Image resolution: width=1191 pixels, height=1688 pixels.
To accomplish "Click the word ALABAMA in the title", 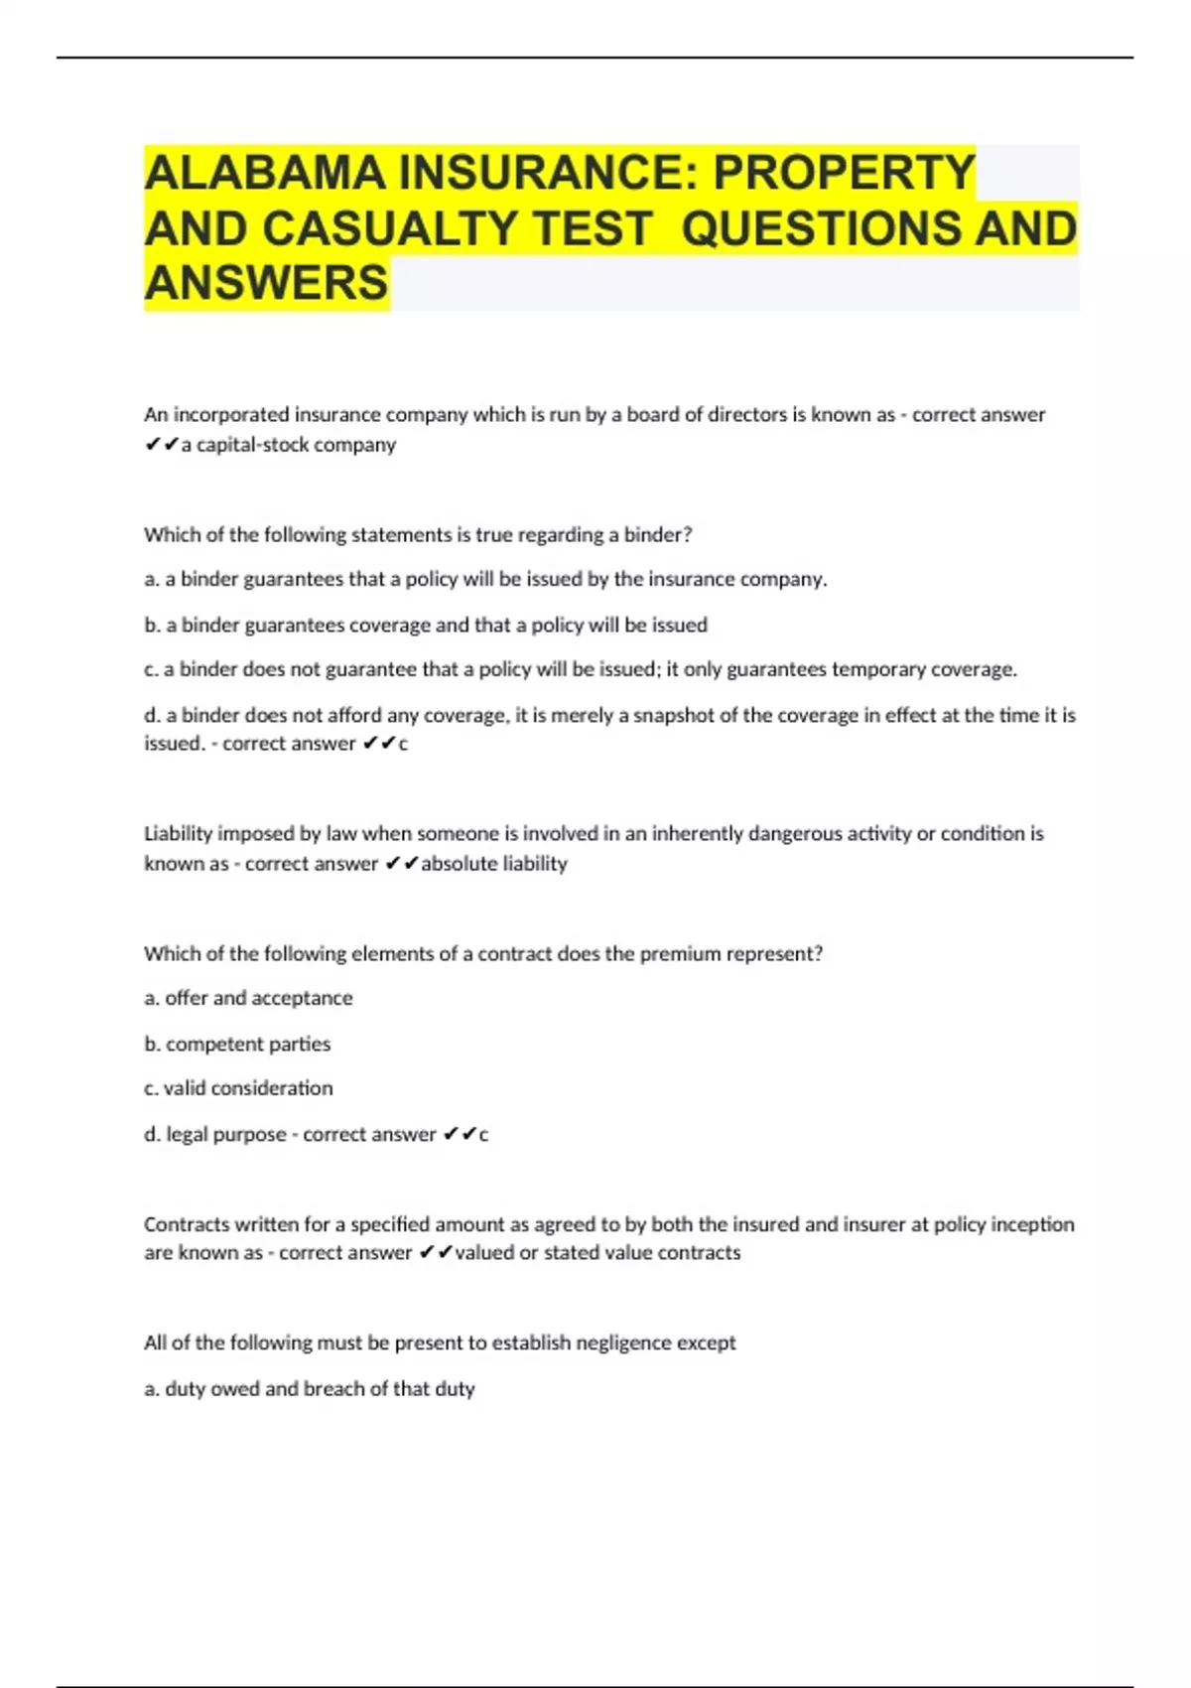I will (265, 173).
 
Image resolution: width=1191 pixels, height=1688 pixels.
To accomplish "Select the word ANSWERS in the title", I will (266, 283).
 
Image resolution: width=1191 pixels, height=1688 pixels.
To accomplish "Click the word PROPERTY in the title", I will (845, 173).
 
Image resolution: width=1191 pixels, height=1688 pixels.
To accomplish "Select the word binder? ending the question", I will (657, 534).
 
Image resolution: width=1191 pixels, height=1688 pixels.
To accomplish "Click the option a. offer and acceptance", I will (248, 998).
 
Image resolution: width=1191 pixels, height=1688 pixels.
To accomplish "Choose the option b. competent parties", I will (237, 1044).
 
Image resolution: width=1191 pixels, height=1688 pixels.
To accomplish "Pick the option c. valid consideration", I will (238, 1088).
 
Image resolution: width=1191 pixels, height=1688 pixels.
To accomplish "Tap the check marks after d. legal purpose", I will (460, 1134).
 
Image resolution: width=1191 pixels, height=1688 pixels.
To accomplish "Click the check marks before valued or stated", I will (436, 1253).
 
